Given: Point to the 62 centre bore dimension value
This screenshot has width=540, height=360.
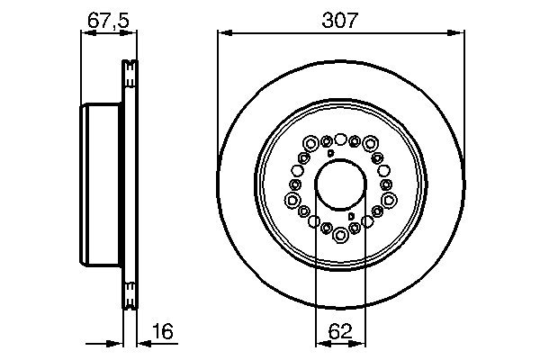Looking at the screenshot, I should point(340,330).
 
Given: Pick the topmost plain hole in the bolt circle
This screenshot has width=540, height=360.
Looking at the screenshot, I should point(340,138).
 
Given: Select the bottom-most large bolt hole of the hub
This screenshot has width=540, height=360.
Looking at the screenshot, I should point(340,236).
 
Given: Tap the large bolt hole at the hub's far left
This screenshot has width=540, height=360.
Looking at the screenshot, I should point(292,200).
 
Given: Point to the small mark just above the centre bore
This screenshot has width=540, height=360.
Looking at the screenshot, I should point(331,155).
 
